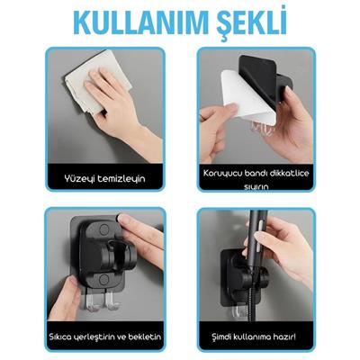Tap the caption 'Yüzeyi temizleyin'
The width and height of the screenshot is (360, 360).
point(104,179)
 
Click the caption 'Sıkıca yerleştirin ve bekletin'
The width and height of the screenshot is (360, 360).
point(104,335)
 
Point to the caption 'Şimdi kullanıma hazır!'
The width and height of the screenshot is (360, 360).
point(256,335)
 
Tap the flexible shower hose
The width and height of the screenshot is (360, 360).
point(254,301)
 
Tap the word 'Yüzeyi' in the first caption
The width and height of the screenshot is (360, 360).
point(80,179)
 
